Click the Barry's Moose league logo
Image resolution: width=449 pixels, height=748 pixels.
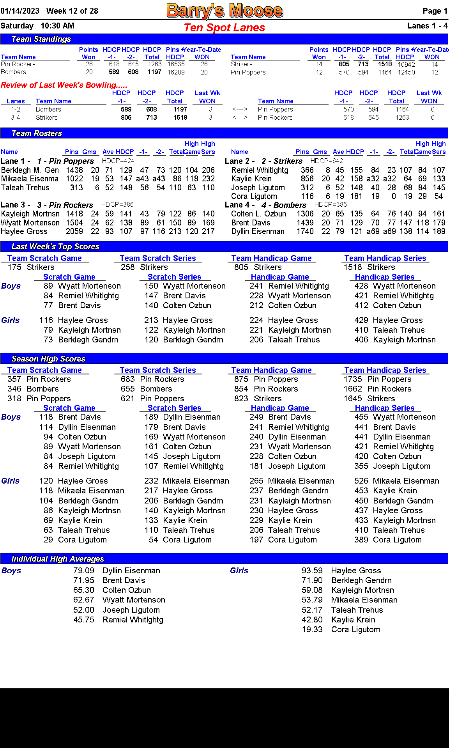pyautogui.click(x=224, y=11)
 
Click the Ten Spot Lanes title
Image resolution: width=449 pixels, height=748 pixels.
pyautogui.click(x=224, y=28)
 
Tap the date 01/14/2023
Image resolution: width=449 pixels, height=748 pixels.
pyautogui.click(x=20, y=11)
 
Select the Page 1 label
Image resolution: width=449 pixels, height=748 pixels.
pyautogui.click(x=435, y=11)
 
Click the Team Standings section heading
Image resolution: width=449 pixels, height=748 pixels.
pyautogui.click(x=41, y=39)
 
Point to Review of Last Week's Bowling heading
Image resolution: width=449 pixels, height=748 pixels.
pyautogui.click(x=64, y=85)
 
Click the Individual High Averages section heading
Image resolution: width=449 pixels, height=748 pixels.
pyautogui.click(x=58, y=559)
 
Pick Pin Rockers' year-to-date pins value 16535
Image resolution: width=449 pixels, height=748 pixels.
pyautogui.click(x=176, y=64)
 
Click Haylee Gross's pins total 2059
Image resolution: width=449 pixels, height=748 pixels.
pyautogui.click(x=74, y=231)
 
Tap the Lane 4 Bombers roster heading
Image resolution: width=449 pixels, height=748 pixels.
pyautogui.click(x=265, y=205)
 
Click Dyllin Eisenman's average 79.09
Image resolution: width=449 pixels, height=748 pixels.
pyautogui.click(x=84, y=571)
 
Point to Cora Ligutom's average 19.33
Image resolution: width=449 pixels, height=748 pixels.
pyautogui.click(x=312, y=629)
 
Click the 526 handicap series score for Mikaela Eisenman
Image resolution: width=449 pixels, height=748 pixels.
pyautogui.click(x=361, y=481)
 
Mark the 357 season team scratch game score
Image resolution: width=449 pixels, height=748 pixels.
pyautogui.click(x=14, y=379)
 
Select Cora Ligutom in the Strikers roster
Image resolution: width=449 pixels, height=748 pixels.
pyautogui.click(x=254, y=196)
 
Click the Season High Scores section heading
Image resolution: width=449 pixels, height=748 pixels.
pyautogui.click(x=48, y=359)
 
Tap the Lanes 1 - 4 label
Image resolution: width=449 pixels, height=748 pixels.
pyautogui.click(x=427, y=26)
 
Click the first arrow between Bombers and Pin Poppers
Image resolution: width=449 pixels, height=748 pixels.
pyautogui.click(x=240, y=110)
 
